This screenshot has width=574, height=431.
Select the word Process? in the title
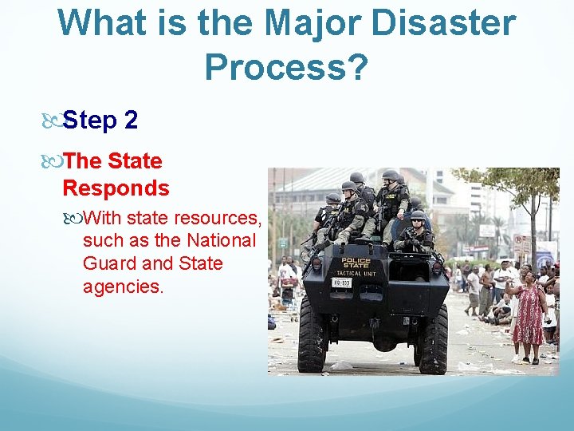[286, 68]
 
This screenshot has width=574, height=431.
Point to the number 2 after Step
[131, 121]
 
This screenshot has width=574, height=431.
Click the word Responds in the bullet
[116, 188]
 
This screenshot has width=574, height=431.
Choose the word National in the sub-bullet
[221, 240]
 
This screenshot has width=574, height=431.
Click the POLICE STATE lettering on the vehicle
[356, 264]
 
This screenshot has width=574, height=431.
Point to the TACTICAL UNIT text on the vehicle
[356, 274]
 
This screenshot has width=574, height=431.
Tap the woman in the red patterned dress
[529, 315]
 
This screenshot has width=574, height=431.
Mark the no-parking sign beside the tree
[520, 243]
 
